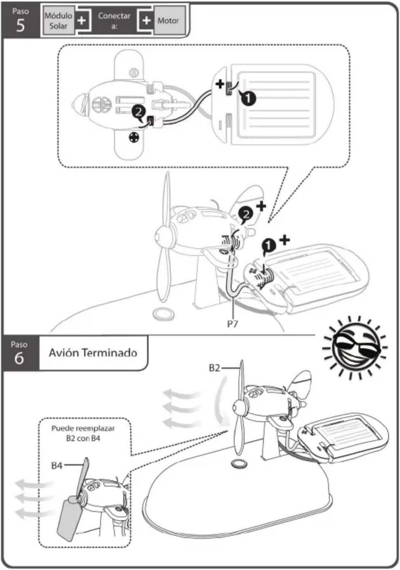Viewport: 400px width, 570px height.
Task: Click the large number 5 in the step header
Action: (20, 26)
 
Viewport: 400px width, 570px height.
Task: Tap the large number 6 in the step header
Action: (19, 358)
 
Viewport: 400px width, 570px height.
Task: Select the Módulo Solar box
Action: (58, 21)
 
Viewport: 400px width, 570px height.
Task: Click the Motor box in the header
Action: (168, 21)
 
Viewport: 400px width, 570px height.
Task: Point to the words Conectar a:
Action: (114, 21)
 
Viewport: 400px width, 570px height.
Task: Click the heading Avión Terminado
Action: (93, 353)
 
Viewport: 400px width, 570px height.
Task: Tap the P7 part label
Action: (233, 324)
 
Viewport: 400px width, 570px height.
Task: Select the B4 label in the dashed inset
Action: (57, 465)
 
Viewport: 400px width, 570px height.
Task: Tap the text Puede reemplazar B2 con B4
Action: (83, 433)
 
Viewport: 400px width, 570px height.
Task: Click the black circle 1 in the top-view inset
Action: (248, 98)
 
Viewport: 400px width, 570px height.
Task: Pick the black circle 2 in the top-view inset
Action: (139, 112)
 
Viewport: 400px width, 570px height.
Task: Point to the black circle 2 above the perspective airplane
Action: (246, 214)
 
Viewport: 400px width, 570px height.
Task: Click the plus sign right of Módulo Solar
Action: (82, 21)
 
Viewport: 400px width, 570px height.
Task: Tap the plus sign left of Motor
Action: (146, 21)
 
